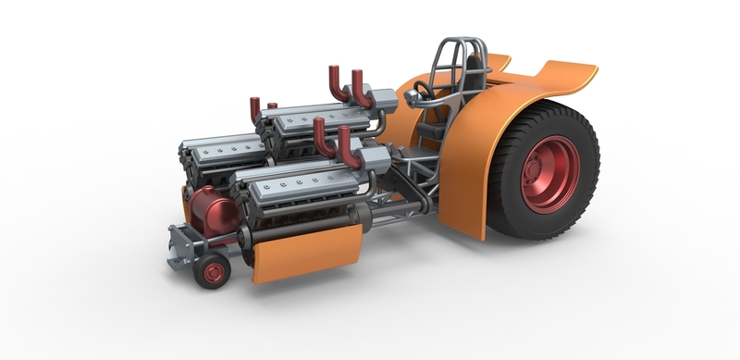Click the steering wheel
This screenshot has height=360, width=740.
tap(424, 92)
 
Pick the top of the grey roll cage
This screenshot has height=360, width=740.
tap(458, 43)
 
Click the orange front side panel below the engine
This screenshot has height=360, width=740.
tap(305, 249)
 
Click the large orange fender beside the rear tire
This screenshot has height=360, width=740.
tap(472, 167)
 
